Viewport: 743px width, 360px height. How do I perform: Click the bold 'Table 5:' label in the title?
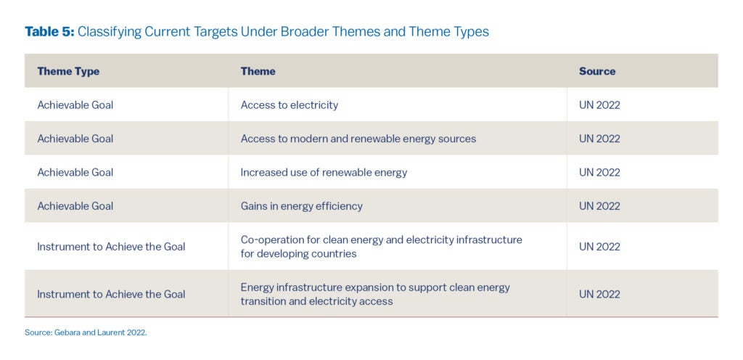[49, 31]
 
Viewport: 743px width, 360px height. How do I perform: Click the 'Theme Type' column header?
[68, 71]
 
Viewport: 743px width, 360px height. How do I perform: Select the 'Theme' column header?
[258, 71]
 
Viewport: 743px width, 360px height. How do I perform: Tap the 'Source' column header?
[596, 71]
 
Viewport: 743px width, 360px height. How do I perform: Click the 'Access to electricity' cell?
[289, 105]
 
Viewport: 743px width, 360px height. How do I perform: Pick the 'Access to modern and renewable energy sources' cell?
[358, 139]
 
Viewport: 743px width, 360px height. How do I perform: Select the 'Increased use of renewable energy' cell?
[324, 172]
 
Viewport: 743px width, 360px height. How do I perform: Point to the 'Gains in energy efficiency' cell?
[301, 205]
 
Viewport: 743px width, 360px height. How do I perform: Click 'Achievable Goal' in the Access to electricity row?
[75, 105]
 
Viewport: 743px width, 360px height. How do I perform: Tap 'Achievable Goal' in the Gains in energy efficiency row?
[75, 205]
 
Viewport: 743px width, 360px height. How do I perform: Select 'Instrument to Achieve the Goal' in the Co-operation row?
[111, 247]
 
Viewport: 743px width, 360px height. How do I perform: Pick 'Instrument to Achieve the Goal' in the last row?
[111, 294]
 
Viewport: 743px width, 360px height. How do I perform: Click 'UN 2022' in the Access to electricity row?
[599, 105]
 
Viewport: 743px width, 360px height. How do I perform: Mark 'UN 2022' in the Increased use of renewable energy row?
[599, 172]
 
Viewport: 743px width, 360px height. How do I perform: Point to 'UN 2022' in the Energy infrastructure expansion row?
[599, 294]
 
